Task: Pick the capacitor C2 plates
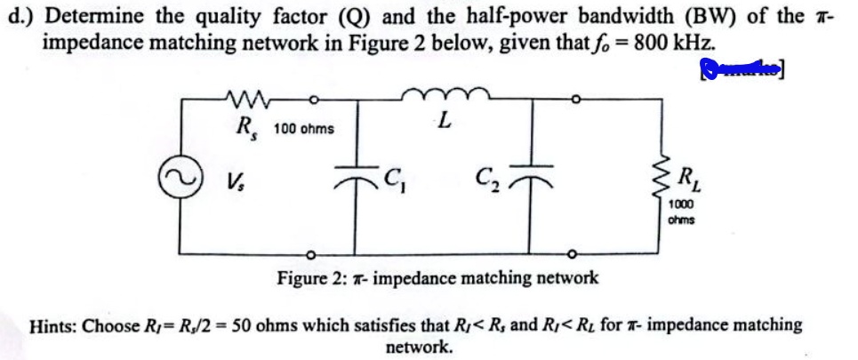pos(533,180)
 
